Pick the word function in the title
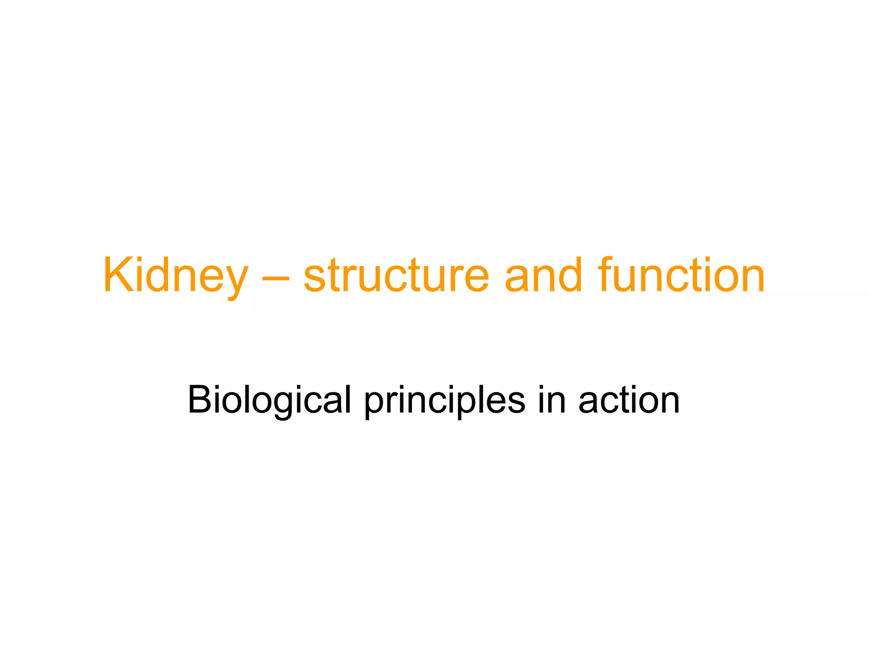pos(681,276)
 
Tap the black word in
pos(552,400)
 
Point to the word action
pos(629,400)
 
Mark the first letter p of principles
pos(375,405)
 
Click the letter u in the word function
pos(628,280)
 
